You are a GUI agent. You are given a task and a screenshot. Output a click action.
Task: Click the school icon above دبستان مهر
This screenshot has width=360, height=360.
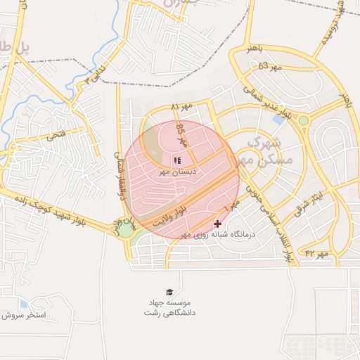(x=176, y=160)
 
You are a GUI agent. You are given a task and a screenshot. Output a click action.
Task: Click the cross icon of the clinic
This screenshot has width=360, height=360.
(x=217, y=224)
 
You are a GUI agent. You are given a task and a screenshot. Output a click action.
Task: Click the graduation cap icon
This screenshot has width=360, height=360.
(x=169, y=292)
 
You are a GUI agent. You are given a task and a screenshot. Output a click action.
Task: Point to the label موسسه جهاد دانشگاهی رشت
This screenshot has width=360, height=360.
(x=169, y=307)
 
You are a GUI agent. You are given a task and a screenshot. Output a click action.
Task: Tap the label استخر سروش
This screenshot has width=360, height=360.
(x=24, y=315)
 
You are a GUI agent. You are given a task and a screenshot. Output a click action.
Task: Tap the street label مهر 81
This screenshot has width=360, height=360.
(x=182, y=107)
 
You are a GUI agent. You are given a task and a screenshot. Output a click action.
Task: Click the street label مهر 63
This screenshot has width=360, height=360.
(x=269, y=66)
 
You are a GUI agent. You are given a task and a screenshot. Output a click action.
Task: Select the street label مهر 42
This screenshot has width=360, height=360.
(x=317, y=254)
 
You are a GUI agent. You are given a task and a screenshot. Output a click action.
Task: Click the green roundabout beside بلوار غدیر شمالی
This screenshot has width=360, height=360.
(x=304, y=120)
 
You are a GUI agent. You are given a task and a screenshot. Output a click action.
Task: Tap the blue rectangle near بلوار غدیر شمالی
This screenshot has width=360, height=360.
(x=278, y=119)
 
